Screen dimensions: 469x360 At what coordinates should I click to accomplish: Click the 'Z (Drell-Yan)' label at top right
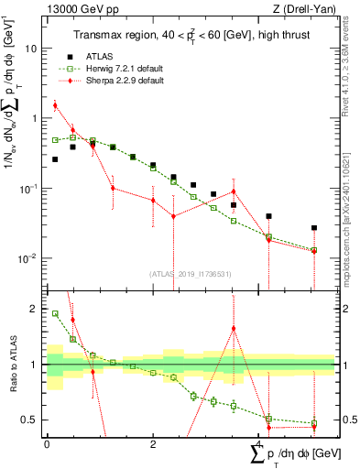pyautogui.click(x=307, y=8)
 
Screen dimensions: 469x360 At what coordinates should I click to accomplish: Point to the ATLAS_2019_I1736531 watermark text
pyautogui.click(x=190, y=273)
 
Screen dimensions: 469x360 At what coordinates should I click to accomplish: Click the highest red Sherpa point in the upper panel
pyautogui.click(x=55, y=105)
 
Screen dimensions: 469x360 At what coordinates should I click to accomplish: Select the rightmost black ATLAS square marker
pyautogui.click(x=313, y=227)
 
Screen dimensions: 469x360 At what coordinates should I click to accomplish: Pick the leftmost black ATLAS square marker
pyautogui.click(x=55, y=158)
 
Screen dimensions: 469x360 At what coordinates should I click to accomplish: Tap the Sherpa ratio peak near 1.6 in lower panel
pyautogui.click(x=235, y=329)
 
